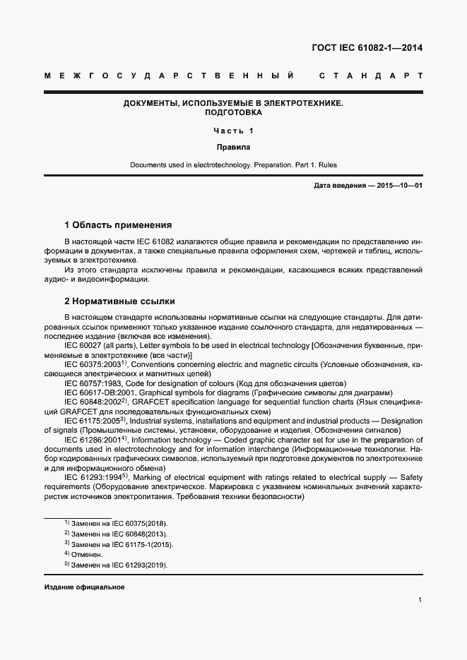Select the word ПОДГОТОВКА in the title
coord(233,113)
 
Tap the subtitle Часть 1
coord(233,131)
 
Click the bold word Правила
coord(233,148)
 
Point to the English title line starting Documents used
coord(233,165)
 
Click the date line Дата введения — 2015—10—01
coord(367,186)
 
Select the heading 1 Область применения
coord(118,225)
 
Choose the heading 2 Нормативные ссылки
coord(119,301)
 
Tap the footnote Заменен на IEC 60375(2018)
coord(120,524)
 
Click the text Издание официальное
coord(84,587)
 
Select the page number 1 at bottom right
coord(420,600)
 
